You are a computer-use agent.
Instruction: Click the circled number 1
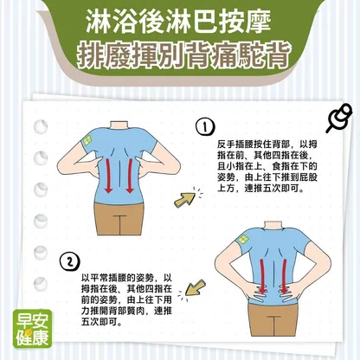tap(205, 127)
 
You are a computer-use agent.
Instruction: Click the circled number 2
tap(69, 261)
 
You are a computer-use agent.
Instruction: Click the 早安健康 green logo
tap(32, 329)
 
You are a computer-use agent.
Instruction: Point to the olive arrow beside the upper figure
tap(185, 199)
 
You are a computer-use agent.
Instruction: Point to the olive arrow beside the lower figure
tap(195, 287)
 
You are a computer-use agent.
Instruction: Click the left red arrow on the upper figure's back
tap(108, 176)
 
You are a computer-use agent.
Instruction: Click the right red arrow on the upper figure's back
tap(130, 176)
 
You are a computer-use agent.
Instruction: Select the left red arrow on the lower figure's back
tap(262, 276)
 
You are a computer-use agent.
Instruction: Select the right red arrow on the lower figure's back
tap(284, 276)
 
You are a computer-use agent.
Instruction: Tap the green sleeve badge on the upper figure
tap(87, 141)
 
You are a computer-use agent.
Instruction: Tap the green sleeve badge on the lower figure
tap(244, 240)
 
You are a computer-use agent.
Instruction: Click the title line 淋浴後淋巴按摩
tap(178, 22)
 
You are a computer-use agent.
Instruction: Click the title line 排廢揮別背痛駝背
tap(183, 55)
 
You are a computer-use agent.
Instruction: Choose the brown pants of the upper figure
tap(119, 219)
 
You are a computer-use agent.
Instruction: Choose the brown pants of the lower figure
tap(273, 319)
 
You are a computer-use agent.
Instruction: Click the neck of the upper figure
tap(119, 126)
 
